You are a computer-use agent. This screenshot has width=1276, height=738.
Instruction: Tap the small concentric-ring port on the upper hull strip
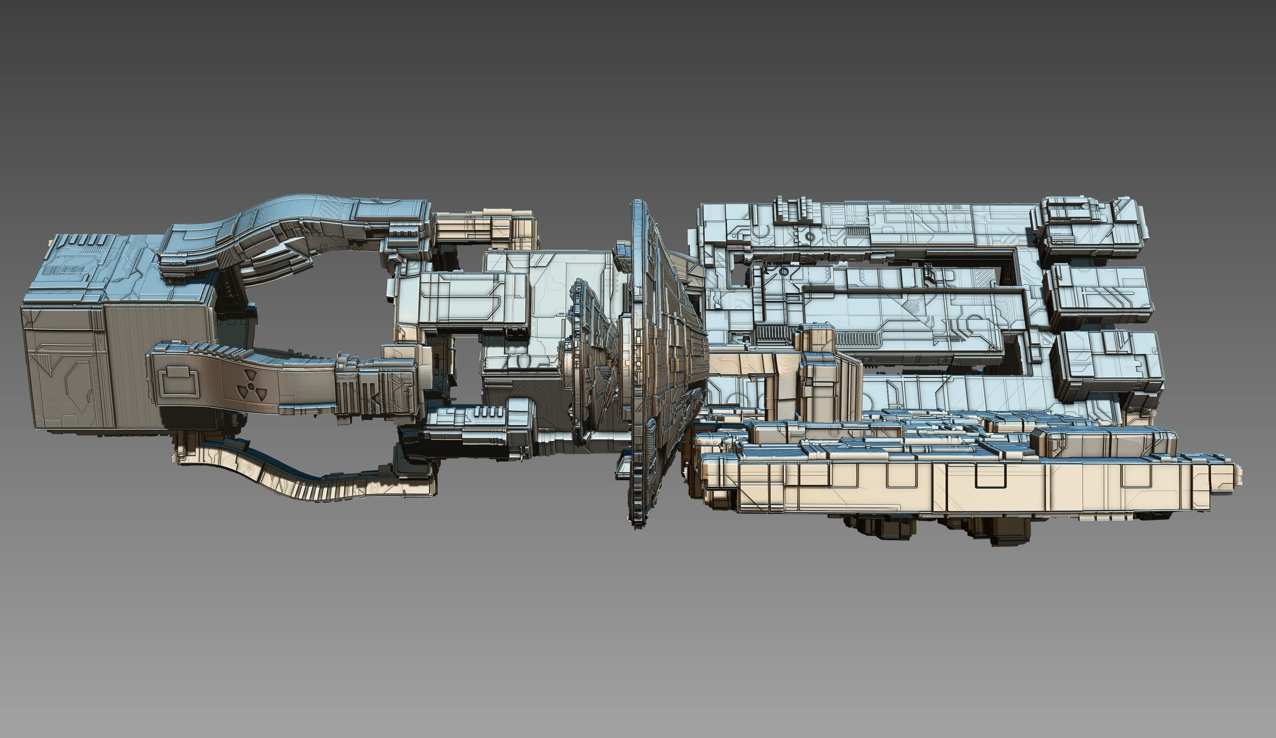[810, 236]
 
